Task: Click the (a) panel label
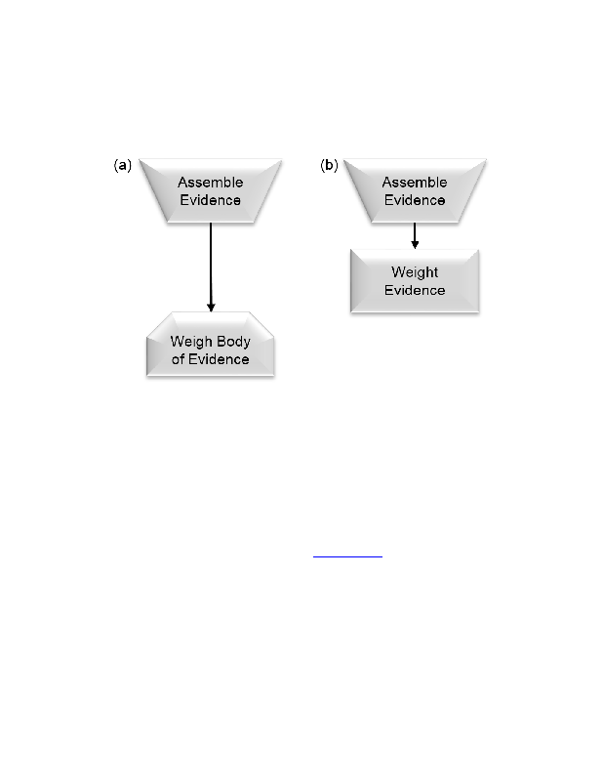tap(123, 165)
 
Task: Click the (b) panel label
tap(329, 165)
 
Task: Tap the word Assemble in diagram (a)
tap(210, 183)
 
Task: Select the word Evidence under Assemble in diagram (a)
tap(210, 200)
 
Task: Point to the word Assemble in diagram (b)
tap(415, 183)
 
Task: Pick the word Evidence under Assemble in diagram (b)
tap(415, 200)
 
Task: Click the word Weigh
tap(189, 343)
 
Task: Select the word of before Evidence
tap(178, 359)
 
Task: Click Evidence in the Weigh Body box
tap(219, 359)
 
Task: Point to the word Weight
tap(415, 272)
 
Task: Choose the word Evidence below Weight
tap(415, 290)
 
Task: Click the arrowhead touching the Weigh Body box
tap(211, 307)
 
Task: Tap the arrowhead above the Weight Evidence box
tap(415, 244)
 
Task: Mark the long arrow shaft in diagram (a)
tap(211, 263)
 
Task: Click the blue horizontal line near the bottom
tap(347, 556)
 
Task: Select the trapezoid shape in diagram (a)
tap(210, 190)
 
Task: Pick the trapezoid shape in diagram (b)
tap(415, 190)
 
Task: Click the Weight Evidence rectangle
tap(415, 281)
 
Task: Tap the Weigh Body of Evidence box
tap(210, 345)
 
